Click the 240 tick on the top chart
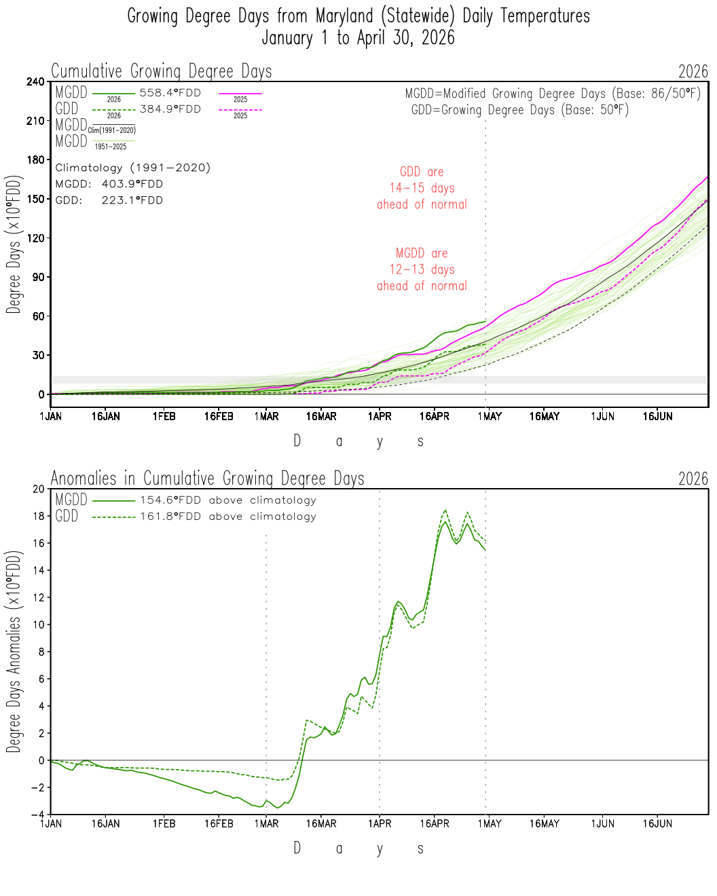coord(35,81)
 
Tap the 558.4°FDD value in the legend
coord(170,92)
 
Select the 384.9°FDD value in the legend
coord(170,109)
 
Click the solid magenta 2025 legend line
coord(240,94)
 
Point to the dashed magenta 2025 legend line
coord(240,110)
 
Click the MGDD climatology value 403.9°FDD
coord(132,184)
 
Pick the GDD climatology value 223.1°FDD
coord(132,200)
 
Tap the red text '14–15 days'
coord(422,188)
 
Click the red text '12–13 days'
coord(422,269)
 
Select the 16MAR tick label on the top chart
coord(321,416)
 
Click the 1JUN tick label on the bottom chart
coord(602,823)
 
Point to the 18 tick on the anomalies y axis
coord(38,516)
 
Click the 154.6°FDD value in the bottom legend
coord(170,500)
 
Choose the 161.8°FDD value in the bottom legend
coord(170,517)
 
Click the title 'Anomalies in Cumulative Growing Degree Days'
coord(208,479)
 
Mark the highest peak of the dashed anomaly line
coord(445,510)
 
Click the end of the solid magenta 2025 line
coord(708,176)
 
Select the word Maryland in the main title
coord(344,16)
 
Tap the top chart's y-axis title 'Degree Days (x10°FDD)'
coord(13,244)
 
